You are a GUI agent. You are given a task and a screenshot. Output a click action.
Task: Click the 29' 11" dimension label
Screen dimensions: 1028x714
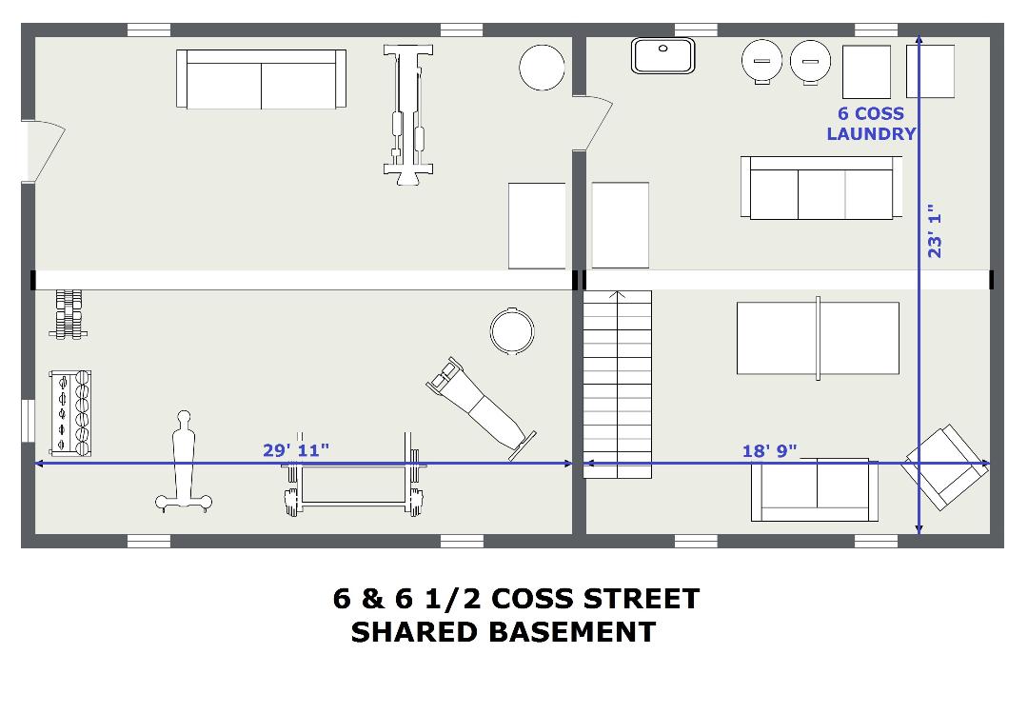pyautogui.click(x=296, y=450)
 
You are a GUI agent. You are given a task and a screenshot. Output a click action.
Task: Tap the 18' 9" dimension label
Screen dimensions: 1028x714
pyautogui.click(x=770, y=451)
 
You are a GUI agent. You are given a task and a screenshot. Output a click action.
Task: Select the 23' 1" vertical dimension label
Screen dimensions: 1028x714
pyautogui.click(x=935, y=235)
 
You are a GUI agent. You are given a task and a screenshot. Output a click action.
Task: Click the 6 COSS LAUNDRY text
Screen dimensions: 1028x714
pyautogui.click(x=871, y=123)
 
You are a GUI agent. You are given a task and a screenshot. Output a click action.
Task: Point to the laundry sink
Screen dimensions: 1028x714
pyautogui.click(x=662, y=56)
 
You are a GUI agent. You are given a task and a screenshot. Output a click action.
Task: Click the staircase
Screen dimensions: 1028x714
pyautogui.click(x=618, y=385)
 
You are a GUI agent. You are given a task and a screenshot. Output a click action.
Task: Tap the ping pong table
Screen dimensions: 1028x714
pyautogui.click(x=818, y=338)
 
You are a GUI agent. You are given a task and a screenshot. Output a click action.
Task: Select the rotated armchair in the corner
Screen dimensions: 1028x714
pyautogui.click(x=945, y=466)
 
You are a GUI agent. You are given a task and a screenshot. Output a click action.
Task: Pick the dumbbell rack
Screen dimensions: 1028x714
pyautogui.click(x=70, y=413)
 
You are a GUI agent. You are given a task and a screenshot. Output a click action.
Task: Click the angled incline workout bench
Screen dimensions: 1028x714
pyautogui.click(x=481, y=407)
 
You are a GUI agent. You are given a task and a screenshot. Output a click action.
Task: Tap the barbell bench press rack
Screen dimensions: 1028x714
pyautogui.click(x=354, y=475)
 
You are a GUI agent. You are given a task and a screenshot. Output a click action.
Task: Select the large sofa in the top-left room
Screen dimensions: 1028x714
pyautogui.click(x=261, y=79)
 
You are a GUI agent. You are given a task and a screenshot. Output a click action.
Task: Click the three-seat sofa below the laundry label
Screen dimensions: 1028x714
pyautogui.click(x=820, y=188)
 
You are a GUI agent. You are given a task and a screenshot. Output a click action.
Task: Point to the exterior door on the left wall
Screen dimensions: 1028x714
pyautogui.click(x=42, y=151)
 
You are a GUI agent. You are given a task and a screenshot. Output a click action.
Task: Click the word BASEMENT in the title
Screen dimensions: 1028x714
pyautogui.click(x=572, y=632)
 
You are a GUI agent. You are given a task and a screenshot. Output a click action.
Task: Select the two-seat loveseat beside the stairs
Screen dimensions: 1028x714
pyautogui.click(x=815, y=489)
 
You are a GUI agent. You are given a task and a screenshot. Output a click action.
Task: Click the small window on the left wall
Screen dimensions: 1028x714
pyautogui.click(x=28, y=420)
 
